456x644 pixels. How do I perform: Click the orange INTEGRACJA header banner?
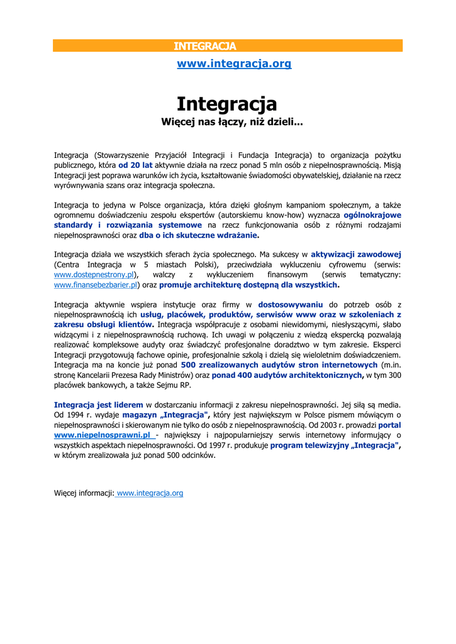tap(228, 46)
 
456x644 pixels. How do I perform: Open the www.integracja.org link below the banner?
tap(234, 64)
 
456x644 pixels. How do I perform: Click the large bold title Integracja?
tap(226, 103)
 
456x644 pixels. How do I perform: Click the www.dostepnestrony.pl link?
tap(94, 275)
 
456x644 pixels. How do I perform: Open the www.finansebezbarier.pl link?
tap(96, 285)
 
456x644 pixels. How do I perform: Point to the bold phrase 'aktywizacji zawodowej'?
tap(356, 255)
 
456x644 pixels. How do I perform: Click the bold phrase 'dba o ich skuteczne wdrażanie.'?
tap(199, 235)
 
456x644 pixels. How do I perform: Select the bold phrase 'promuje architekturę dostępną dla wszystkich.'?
tap(248, 285)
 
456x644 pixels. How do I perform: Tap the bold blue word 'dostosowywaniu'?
tap(291, 304)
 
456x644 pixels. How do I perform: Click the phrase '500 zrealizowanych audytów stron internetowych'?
tap(279, 365)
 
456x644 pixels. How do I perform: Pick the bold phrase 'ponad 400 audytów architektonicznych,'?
tap(287, 375)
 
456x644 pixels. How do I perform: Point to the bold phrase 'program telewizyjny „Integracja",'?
tap(336, 445)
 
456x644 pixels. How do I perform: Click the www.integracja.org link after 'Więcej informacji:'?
tap(150, 493)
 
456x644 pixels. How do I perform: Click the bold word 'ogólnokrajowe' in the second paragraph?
tap(372, 214)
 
